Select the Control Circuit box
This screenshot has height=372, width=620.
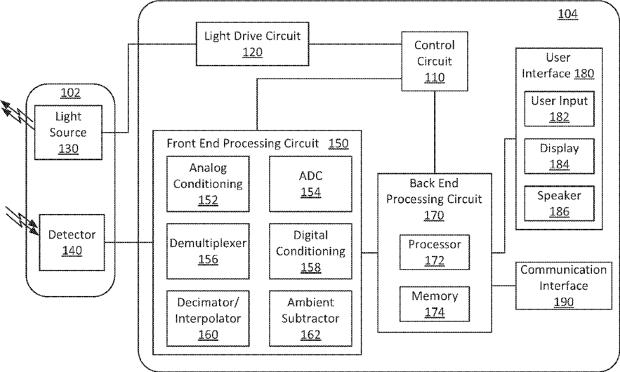pos(435,61)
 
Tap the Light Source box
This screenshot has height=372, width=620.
pos(68,131)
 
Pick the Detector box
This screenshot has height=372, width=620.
pos(68,243)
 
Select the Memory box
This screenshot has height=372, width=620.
pos(435,304)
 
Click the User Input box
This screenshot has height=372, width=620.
pos(559,109)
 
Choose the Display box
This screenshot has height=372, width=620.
pos(559,157)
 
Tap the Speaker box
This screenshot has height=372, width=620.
pos(559,204)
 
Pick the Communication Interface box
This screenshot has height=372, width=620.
pos(563,286)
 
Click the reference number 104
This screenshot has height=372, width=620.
pos(567,13)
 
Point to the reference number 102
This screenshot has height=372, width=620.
pos(70,93)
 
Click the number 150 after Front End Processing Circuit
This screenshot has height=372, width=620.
pos(338,143)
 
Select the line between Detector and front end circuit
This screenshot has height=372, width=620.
pos(129,243)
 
